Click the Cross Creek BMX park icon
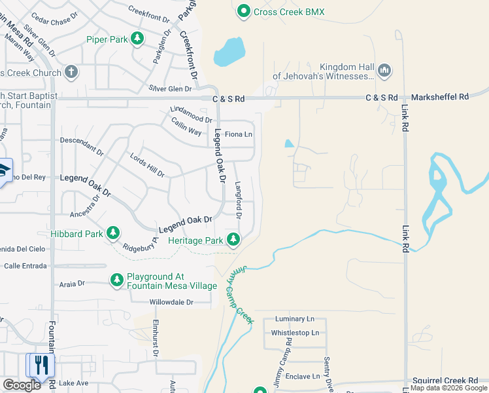tap(244, 11)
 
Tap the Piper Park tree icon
tap(137, 39)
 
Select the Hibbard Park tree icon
tap(113, 233)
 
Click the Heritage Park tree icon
tap(233, 240)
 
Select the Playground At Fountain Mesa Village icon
tap(117, 280)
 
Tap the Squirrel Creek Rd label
tap(445, 381)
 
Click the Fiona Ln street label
tap(239, 134)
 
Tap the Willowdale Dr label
tap(172, 302)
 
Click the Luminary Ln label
tap(295, 319)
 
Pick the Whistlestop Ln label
tap(295, 333)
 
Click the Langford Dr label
tap(239, 200)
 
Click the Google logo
tap(22, 385)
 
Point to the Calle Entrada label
tap(25, 266)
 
